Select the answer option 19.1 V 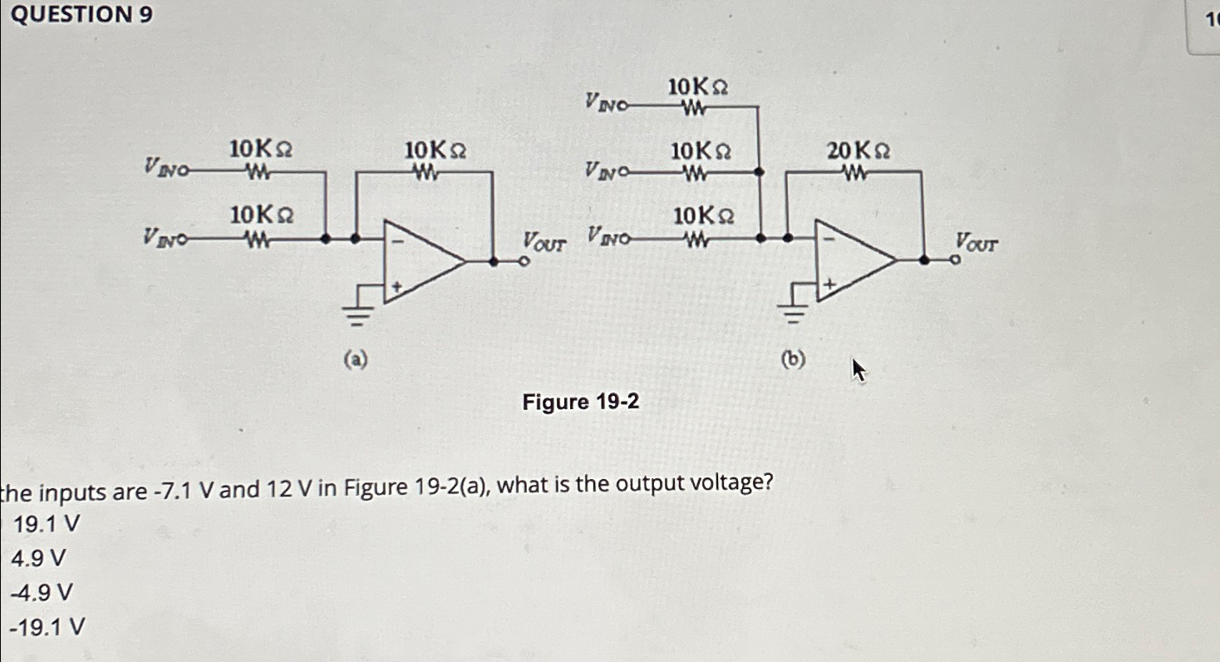coord(47,523)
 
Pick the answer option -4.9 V coord(41,592)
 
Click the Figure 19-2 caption coord(580,403)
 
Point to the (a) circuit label coord(356,359)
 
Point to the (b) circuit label coord(795,359)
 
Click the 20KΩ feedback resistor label coord(858,151)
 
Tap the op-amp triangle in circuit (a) coord(420,259)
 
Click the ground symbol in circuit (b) coord(795,312)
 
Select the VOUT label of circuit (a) coord(544,242)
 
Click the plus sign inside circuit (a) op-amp coord(397,286)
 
